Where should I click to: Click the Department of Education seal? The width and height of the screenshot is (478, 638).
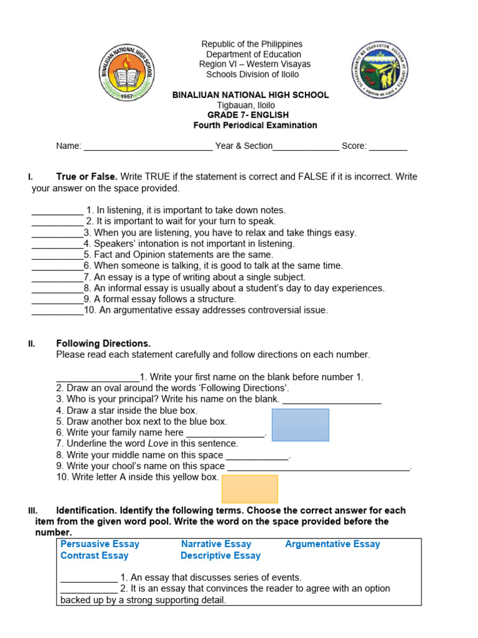pyautogui.click(x=381, y=70)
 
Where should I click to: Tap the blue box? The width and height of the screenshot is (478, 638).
pyautogui.click(x=300, y=425)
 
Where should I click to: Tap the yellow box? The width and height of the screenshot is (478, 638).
pyautogui.click(x=250, y=488)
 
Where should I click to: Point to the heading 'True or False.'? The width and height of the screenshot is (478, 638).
pyautogui.click(x=87, y=177)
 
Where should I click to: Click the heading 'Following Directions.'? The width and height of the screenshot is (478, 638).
pyautogui.click(x=103, y=343)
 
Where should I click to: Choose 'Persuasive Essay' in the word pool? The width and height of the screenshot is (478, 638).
pyautogui.click(x=100, y=544)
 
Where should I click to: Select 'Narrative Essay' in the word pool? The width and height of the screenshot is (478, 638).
pyautogui.click(x=216, y=544)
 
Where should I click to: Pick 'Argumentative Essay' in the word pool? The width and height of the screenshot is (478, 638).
pyautogui.click(x=332, y=544)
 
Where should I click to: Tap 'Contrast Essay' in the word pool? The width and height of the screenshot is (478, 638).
pyautogui.click(x=94, y=555)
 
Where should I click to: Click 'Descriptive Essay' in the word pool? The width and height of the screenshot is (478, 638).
pyautogui.click(x=220, y=555)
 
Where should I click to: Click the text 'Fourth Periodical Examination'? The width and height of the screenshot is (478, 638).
pyautogui.click(x=255, y=125)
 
